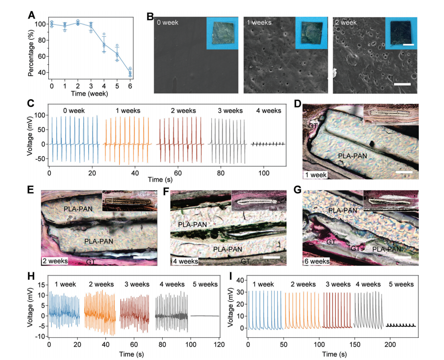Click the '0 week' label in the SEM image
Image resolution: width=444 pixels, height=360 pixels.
click(x=167, y=22)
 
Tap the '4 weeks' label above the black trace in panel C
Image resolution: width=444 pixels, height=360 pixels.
click(x=268, y=111)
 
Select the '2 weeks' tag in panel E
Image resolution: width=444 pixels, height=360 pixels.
click(x=54, y=261)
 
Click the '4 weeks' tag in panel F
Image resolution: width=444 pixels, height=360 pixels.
click(x=184, y=261)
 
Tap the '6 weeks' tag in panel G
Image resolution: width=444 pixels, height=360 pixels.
click(x=316, y=261)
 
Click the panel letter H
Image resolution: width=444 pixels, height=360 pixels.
click(x=31, y=277)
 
